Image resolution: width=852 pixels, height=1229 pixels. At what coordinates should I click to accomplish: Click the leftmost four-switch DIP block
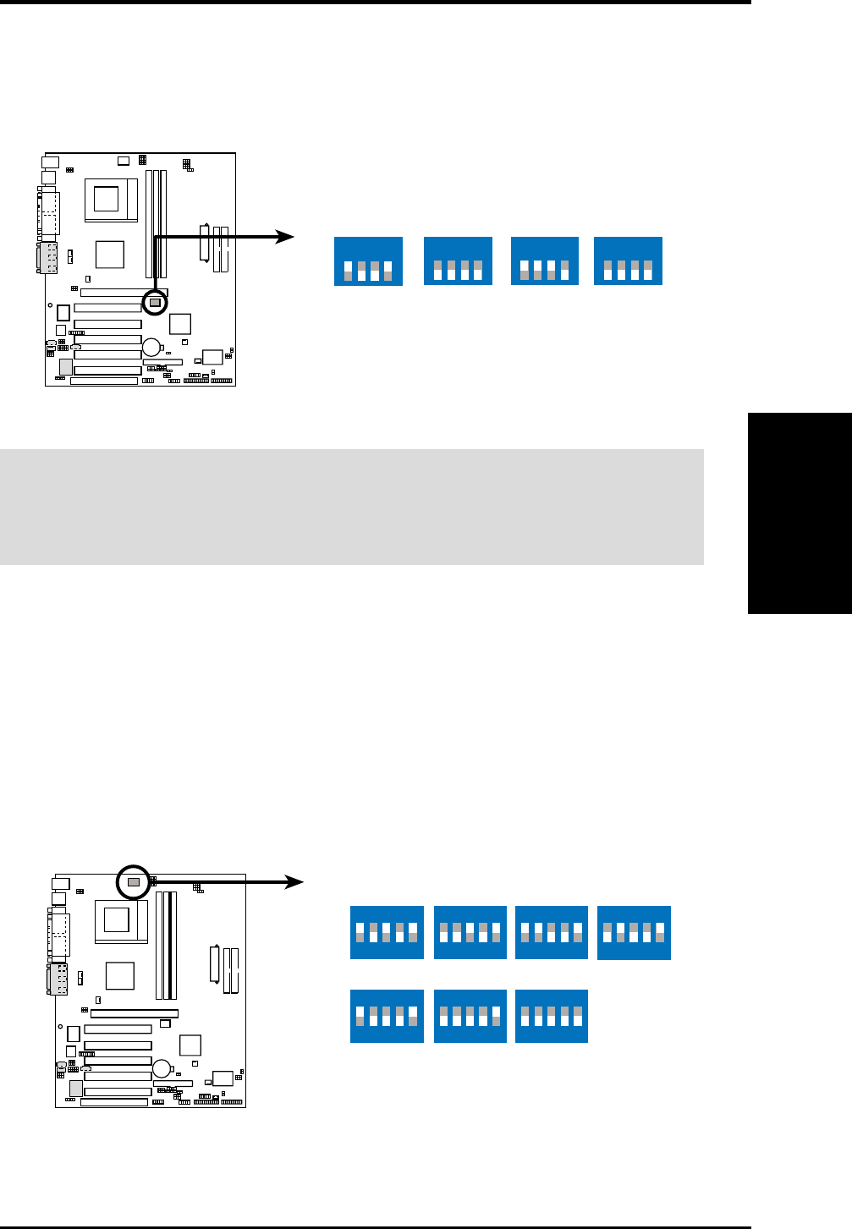(x=368, y=261)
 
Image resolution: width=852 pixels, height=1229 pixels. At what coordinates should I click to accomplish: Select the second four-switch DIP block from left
(x=458, y=261)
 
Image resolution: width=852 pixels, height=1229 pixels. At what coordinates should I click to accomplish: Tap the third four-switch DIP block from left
(x=545, y=261)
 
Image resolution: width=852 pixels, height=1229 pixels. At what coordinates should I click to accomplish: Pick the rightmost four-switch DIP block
(x=628, y=261)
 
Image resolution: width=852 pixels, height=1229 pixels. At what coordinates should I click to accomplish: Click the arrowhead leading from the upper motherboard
(x=286, y=238)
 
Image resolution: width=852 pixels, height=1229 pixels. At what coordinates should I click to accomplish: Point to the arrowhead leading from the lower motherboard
(x=294, y=882)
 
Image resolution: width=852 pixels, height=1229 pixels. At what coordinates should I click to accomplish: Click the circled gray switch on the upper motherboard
(x=155, y=302)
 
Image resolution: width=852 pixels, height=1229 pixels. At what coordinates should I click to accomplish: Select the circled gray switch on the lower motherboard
(x=133, y=881)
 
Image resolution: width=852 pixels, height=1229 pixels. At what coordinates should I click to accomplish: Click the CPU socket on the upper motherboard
(x=106, y=199)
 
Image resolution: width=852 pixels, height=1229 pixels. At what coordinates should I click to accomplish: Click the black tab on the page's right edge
(x=800, y=513)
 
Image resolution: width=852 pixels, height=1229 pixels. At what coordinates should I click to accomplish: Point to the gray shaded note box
(x=351, y=507)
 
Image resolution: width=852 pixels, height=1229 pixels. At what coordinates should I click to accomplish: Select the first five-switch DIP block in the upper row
(x=387, y=932)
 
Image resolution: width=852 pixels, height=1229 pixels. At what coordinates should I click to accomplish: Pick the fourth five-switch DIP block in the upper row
(x=634, y=932)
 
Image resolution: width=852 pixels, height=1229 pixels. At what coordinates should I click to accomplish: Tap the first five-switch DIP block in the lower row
(x=387, y=1016)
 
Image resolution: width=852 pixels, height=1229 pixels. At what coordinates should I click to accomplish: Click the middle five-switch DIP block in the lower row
(x=470, y=1016)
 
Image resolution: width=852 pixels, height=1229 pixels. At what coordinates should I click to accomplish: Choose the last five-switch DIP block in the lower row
(x=551, y=1016)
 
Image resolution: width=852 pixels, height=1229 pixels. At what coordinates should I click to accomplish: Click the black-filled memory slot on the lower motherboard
(x=173, y=945)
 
